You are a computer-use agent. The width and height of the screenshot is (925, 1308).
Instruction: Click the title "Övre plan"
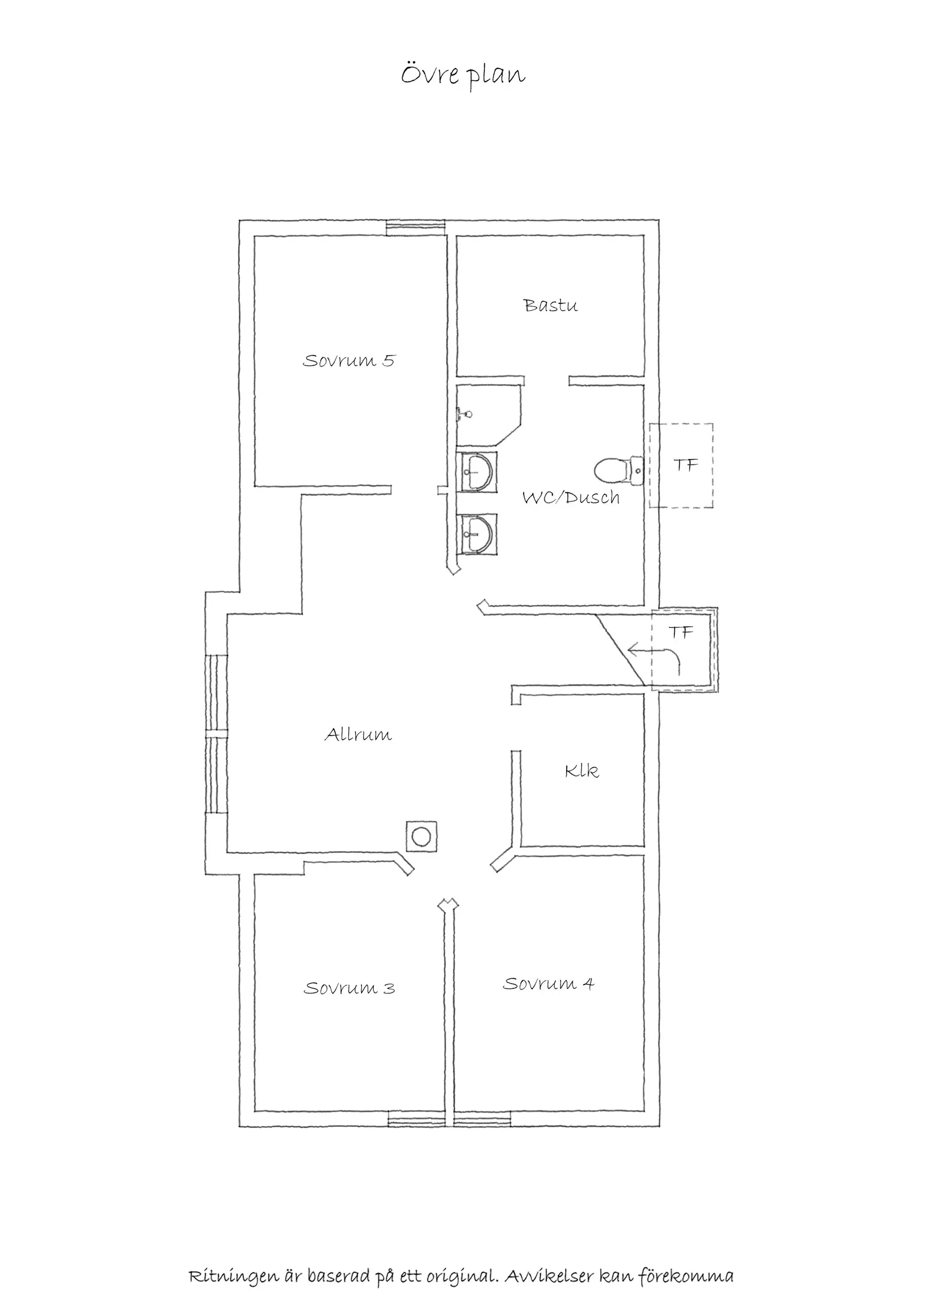click(462, 76)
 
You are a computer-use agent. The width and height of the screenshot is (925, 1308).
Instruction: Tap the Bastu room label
click(551, 306)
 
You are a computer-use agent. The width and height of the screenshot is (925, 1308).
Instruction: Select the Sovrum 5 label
click(349, 360)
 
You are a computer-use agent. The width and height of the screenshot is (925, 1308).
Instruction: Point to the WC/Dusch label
click(571, 497)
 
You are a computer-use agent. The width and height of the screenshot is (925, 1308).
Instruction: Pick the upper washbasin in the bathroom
click(477, 472)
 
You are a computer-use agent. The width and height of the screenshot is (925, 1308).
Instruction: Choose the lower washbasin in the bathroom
click(477, 534)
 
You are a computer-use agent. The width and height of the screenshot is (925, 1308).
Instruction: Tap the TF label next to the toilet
click(686, 465)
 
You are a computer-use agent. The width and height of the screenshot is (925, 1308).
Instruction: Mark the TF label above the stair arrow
click(681, 632)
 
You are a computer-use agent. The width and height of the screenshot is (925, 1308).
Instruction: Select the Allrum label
click(358, 734)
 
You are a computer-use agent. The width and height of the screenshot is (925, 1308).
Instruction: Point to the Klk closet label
click(581, 771)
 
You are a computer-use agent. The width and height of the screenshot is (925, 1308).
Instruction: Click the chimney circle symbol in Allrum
click(422, 837)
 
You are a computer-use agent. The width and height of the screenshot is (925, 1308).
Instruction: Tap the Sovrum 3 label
click(349, 988)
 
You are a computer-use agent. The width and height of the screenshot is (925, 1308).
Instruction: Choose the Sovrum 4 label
click(548, 984)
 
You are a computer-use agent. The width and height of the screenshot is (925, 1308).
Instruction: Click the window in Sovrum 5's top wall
click(415, 228)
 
